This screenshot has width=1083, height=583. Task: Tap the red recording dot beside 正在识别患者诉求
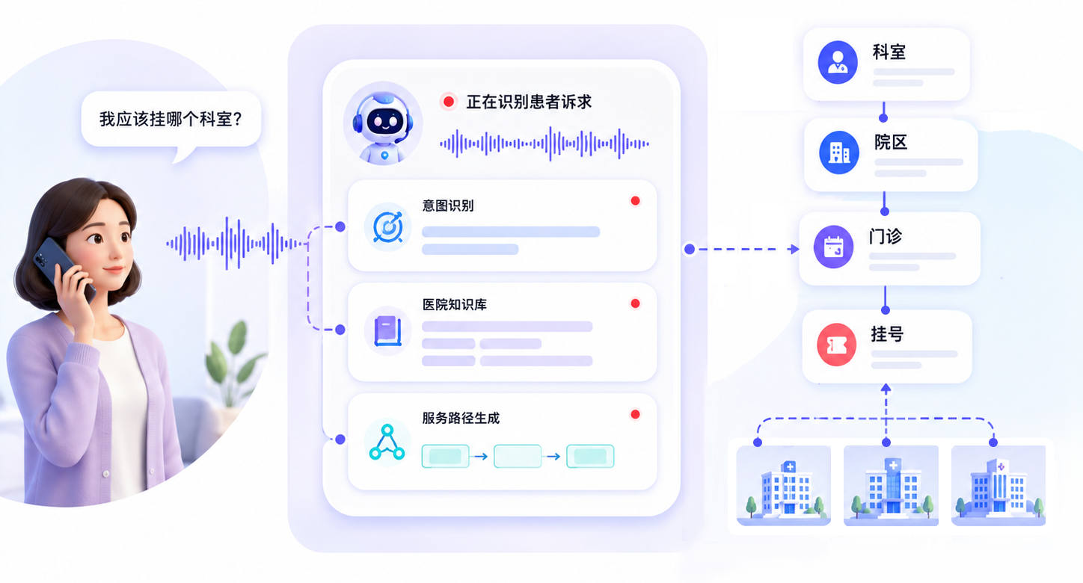[448, 102]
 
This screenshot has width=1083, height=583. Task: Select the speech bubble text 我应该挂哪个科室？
[171, 119]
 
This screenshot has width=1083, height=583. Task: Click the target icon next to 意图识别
[387, 226]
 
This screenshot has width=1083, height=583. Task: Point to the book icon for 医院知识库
[387, 331]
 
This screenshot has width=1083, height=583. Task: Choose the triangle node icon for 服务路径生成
[387, 442]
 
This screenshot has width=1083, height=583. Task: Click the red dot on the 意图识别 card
[635, 201]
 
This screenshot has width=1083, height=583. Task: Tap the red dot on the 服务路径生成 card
[635, 414]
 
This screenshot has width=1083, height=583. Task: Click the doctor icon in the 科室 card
[838, 62]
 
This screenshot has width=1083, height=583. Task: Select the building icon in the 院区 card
[839, 152]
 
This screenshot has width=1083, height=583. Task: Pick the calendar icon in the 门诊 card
[833, 247]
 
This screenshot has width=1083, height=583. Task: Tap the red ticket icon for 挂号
[836, 345]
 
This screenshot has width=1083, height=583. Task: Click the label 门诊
[886, 237]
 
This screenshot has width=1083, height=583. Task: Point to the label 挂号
[887, 334]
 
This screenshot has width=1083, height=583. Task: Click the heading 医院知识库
[455, 305]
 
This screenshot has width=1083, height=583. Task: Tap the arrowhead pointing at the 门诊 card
[794, 249]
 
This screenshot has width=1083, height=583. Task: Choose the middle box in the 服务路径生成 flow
[518, 457]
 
